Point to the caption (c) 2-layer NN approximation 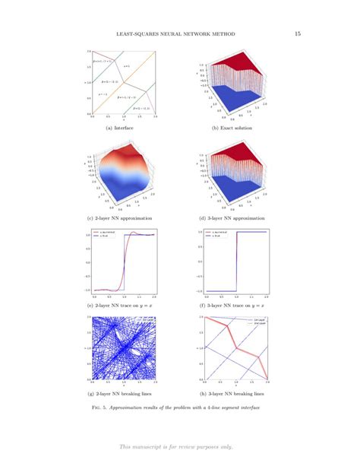tap(125, 218)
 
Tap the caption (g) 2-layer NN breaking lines tap(125, 394)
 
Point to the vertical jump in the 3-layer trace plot tap(237, 262)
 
